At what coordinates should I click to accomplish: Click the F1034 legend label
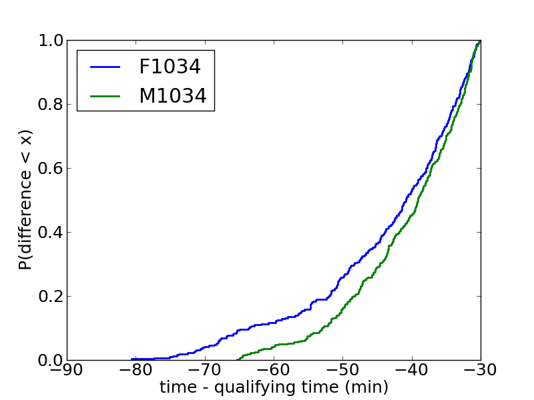click(170, 67)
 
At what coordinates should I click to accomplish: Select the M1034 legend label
click(172, 96)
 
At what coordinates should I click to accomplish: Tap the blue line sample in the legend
click(105, 67)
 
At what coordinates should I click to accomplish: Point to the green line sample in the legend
click(105, 96)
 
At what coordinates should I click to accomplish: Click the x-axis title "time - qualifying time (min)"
click(274, 387)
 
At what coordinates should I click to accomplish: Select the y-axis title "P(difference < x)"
click(25, 199)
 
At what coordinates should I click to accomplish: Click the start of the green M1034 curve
click(238, 359)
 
